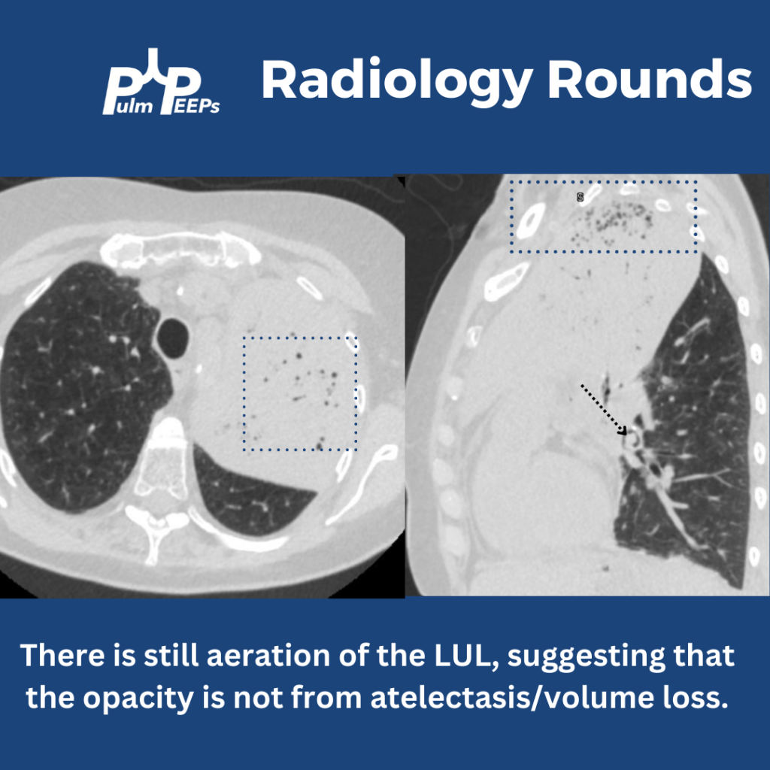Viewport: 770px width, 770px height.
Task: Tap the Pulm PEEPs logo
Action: pos(161,82)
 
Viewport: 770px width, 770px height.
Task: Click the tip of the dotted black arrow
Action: pos(626,434)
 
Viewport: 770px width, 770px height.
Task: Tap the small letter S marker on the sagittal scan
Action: pos(580,198)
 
